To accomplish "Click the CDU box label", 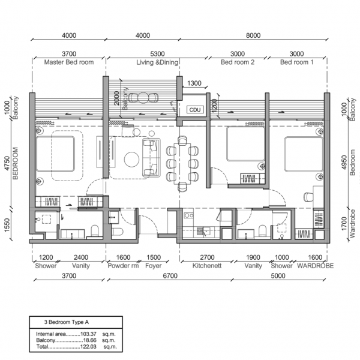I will pyautogui.click(x=195, y=110).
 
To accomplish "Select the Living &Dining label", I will pyautogui.click(x=143, y=62).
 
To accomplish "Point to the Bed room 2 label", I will pyautogui.click(x=237, y=62).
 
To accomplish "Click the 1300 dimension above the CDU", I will pyautogui.click(x=194, y=84).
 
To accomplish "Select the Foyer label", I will pyautogui.click(x=153, y=265).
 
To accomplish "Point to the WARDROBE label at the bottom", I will pyautogui.click(x=312, y=265).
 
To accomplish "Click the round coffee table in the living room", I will pyautogui.click(x=131, y=159).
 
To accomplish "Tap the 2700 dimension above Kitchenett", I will pyautogui.click(x=208, y=256).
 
